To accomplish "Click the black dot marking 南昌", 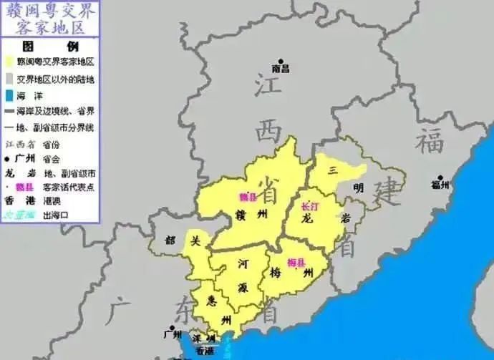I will point(281,62).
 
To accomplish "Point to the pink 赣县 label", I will point(248,195).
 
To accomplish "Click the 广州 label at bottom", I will point(173,334).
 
